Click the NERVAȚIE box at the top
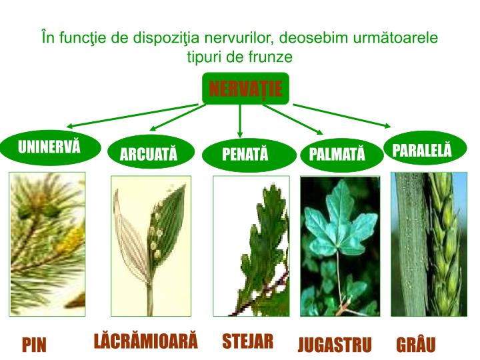[x=245, y=89]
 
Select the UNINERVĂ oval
[x=49, y=147]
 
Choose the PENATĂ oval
[x=245, y=155]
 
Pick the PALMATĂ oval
[x=337, y=155]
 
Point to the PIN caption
[x=34, y=345]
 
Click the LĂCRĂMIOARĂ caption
[x=146, y=341]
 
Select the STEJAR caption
[x=247, y=341]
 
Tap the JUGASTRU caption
[x=334, y=345]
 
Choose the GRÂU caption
[x=415, y=345]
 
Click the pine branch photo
[x=47, y=243]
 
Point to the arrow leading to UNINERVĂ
[x=133, y=115]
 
